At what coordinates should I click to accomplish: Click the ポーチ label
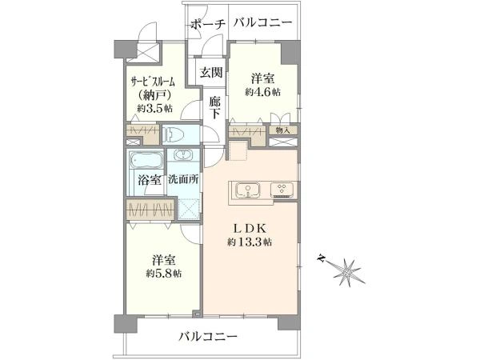coord(208,25)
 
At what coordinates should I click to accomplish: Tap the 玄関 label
coord(211,73)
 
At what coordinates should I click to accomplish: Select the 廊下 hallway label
coord(215,107)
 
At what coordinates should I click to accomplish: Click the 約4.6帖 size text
coord(262,92)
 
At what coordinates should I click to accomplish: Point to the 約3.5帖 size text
coord(154,108)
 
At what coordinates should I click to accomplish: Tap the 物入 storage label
coord(282,130)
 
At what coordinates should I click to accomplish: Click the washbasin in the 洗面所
coord(182,155)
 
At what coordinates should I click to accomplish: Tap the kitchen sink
coord(248,190)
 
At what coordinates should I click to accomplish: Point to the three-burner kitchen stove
coord(282,190)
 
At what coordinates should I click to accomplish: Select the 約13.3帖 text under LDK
coord(250,242)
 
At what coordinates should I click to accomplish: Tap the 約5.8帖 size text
coord(164,273)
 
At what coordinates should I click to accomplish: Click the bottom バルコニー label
coord(208,337)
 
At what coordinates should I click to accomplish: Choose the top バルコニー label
coord(263,23)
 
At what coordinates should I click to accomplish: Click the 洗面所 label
coord(183,179)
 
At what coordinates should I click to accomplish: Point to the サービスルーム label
coord(153,82)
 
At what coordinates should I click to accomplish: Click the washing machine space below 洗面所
coord(189,209)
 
